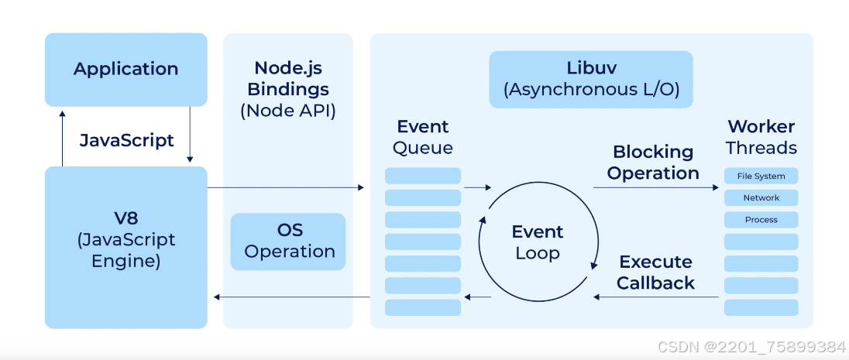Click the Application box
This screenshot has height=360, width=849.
(x=126, y=70)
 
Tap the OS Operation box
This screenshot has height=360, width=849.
(x=289, y=242)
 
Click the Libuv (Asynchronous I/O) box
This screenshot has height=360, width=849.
(x=591, y=79)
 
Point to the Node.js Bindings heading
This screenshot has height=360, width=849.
(x=288, y=78)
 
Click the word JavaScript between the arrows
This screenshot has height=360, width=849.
(x=127, y=141)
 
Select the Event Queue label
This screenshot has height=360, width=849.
(x=423, y=137)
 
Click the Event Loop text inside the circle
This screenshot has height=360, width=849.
(x=538, y=242)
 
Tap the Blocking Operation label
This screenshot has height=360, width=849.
(x=653, y=163)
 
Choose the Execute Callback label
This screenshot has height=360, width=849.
(x=655, y=273)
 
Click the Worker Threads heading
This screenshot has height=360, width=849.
(x=761, y=137)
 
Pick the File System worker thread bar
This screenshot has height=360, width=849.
(x=761, y=177)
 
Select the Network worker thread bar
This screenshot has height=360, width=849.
(x=761, y=198)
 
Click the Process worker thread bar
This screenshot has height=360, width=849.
(x=761, y=220)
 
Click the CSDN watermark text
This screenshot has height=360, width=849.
(x=751, y=347)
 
